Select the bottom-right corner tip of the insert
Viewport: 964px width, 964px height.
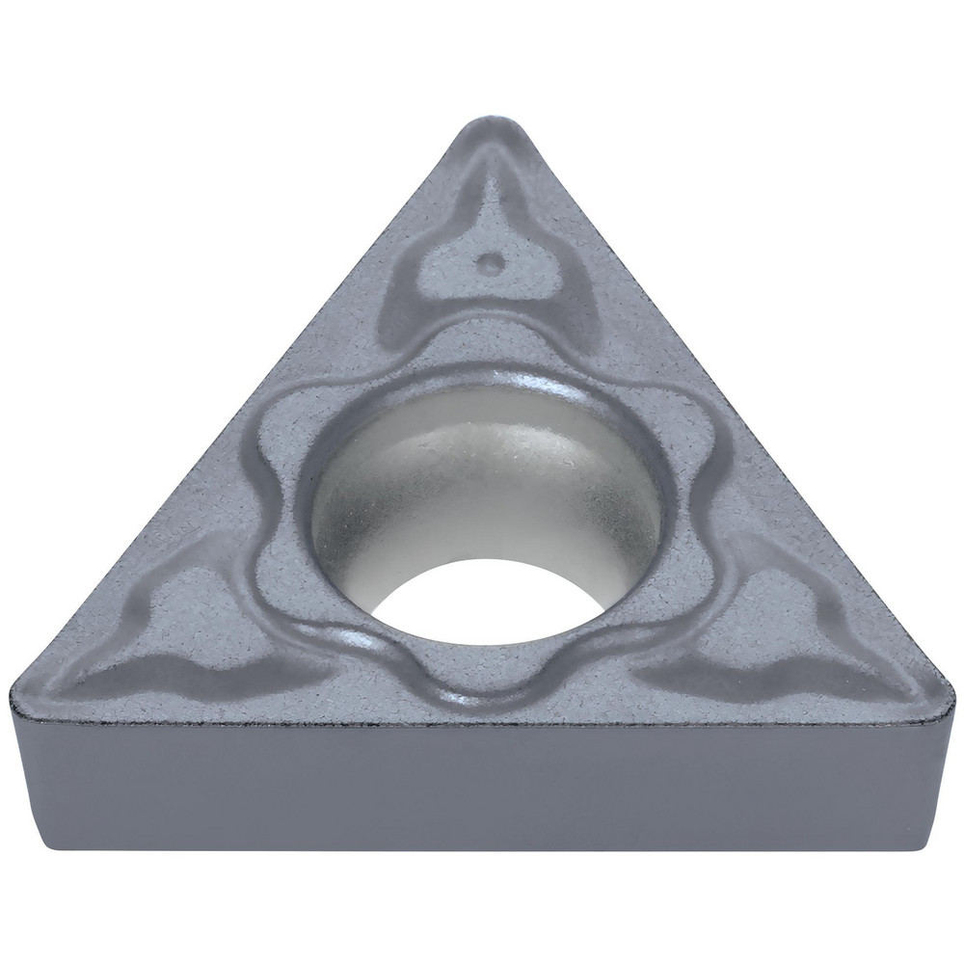[x=943, y=686]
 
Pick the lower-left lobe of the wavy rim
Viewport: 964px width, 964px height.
[x=289, y=598]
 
